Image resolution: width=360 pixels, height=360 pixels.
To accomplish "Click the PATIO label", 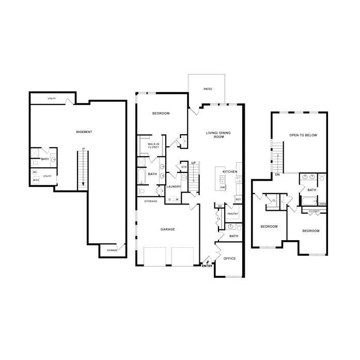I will tap(208, 89).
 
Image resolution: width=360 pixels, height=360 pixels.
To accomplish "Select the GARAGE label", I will tap(167, 229).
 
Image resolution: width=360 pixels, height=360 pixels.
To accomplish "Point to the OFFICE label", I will tap(229, 259).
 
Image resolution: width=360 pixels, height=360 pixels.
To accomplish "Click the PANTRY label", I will tap(232, 213).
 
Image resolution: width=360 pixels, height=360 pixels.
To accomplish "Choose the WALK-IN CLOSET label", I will tap(153, 146).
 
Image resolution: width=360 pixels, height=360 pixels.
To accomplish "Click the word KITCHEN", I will tap(230, 171).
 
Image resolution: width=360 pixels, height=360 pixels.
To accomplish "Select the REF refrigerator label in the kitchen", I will tap(238, 199).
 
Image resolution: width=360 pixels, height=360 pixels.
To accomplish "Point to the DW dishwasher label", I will tap(223, 187).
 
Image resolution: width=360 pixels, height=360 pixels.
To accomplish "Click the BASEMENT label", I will tap(84, 132).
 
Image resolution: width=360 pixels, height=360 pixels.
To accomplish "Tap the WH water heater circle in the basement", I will tap(35, 172).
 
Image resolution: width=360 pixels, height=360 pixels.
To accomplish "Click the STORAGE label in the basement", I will tap(112, 250).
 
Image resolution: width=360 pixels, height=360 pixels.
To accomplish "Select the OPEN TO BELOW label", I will tap(303, 135).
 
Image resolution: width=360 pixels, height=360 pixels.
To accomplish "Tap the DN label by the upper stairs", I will tap(277, 175).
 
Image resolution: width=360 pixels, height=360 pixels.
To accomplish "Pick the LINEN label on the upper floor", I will tap(322, 204).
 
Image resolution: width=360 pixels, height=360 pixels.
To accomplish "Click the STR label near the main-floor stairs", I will tap(183, 167).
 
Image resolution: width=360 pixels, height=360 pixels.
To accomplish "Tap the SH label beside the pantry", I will tap(220, 206).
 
